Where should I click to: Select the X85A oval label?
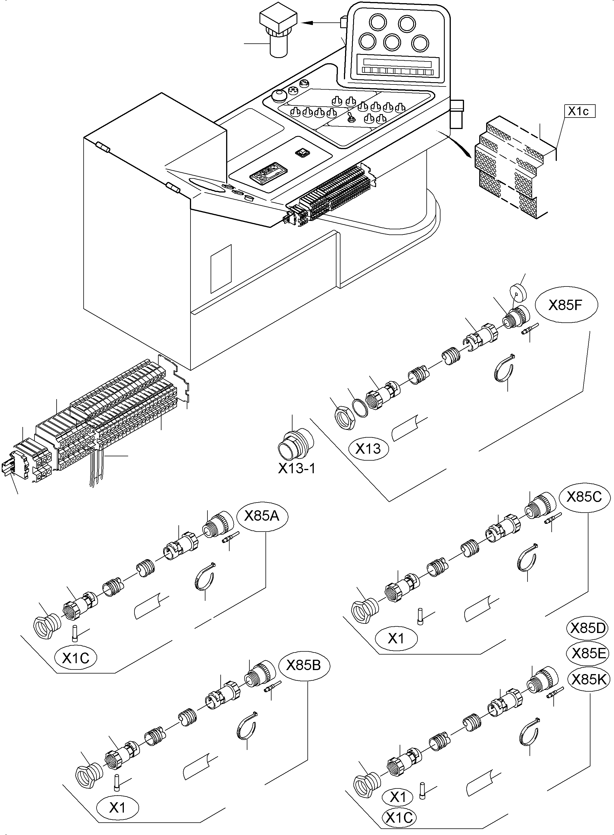pyautogui.click(x=262, y=516)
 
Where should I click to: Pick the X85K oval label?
pyautogui.click(x=589, y=680)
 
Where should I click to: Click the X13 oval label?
pyautogui.click(x=368, y=449)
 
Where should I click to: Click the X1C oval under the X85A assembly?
pyautogui.click(x=76, y=658)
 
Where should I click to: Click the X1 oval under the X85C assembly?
pyautogui.click(x=396, y=638)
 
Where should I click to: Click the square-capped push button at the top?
pyautogui.click(x=278, y=32)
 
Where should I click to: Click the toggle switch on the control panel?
pyautogui.click(x=350, y=119)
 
